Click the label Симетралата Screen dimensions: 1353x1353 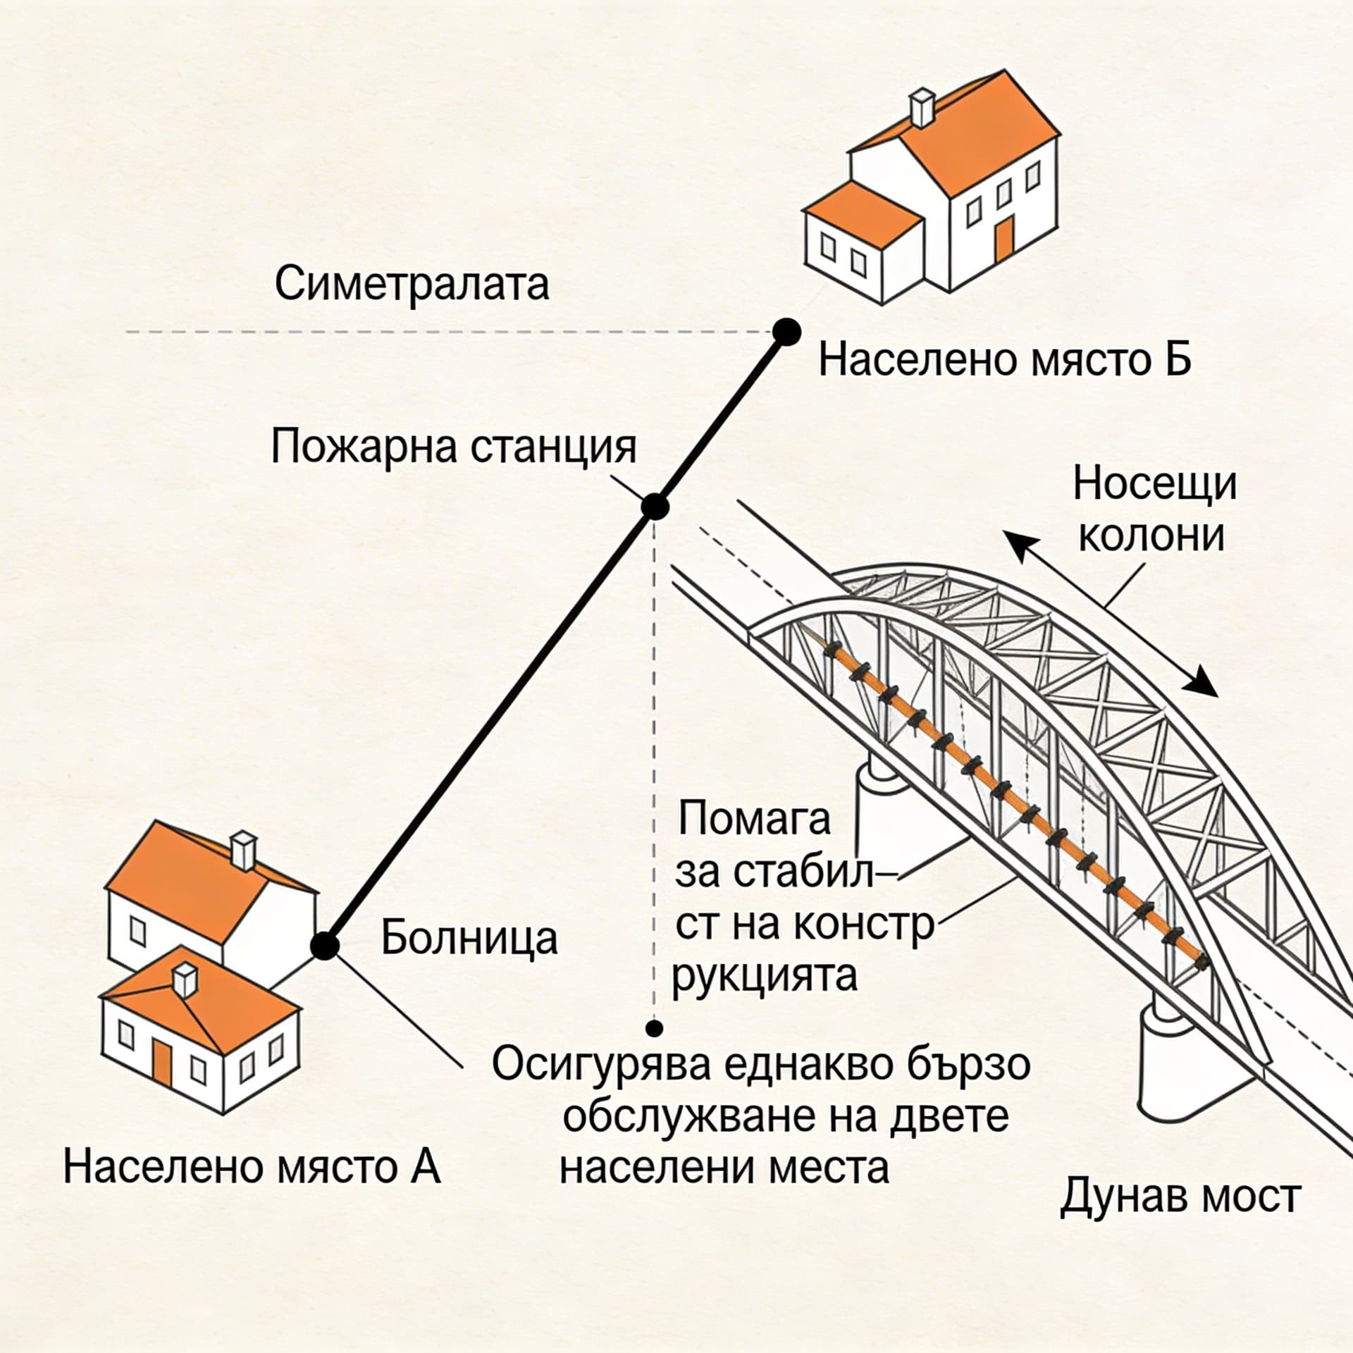pyautogui.click(x=412, y=285)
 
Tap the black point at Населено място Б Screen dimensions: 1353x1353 pyautogui.click(x=786, y=331)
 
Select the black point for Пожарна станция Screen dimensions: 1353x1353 pyautogui.click(x=655, y=507)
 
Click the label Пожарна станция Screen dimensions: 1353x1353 pyautogui.click(x=454, y=447)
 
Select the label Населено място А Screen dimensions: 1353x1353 pyautogui.click(x=252, y=1167)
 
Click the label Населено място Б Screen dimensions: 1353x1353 pyautogui.click(x=1005, y=361)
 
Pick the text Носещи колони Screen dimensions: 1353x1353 pyautogui.click(x=1154, y=510)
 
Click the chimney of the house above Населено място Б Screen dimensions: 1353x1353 pyautogui.click(x=922, y=108)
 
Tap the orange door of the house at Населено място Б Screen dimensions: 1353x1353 pyautogui.click(x=1004, y=237)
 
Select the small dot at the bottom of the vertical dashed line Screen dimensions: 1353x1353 pyautogui.click(x=655, y=1029)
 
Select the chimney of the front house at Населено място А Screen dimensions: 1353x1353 pyautogui.click(x=185, y=980)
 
